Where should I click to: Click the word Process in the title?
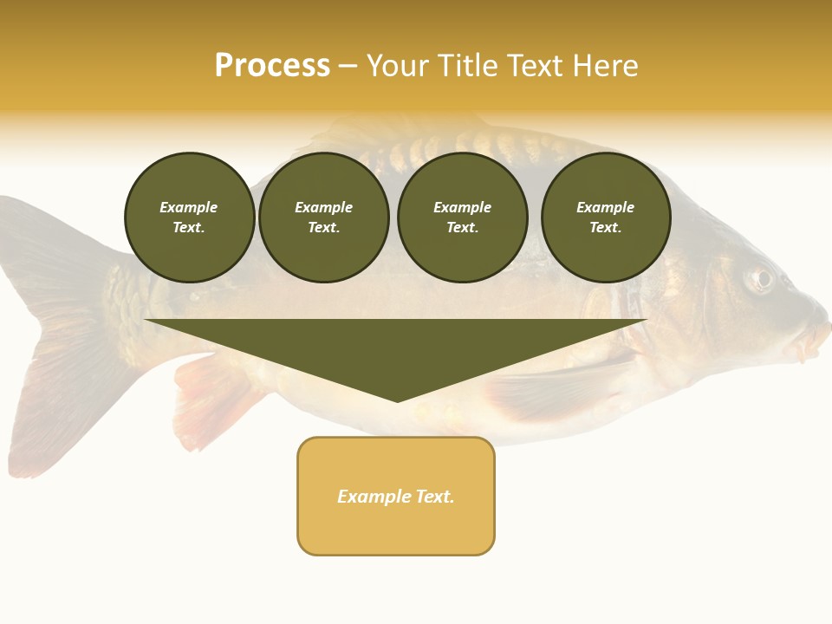click(272, 66)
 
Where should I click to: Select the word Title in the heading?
click(468, 66)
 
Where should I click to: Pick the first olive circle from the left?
click(189, 218)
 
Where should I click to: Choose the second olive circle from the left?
click(324, 218)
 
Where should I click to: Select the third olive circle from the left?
click(462, 218)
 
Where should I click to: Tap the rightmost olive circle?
click(606, 218)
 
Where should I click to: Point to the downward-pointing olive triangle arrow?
click(395, 347)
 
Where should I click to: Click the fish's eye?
click(760, 278)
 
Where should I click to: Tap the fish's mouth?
click(815, 334)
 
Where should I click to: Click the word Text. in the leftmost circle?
click(189, 228)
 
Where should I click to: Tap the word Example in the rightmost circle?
click(606, 207)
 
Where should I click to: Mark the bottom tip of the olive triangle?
click(397, 401)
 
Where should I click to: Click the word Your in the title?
click(396, 66)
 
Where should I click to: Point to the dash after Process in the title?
click(348, 67)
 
